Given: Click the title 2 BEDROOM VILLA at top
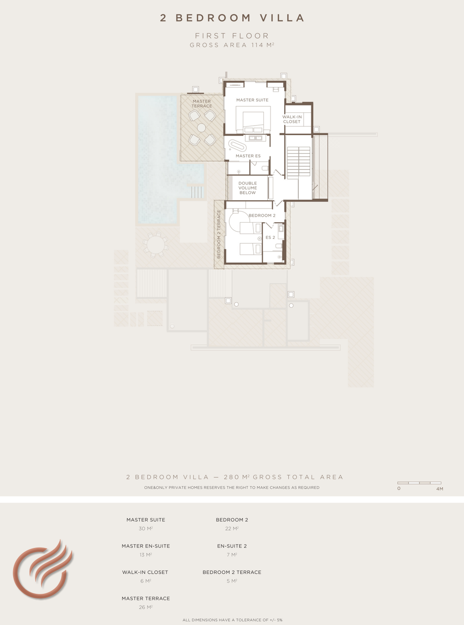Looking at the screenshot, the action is pyautogui.click(x=232, y=18).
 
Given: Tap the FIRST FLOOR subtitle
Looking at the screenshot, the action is pyautogui.click(x=232, y=36).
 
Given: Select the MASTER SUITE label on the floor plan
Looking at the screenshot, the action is pyautogui.click(x=252, y=100).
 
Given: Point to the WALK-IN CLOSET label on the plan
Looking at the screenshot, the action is pyautogui.click(x=292, y=119).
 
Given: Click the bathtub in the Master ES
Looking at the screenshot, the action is pyautogui.click(x=237, y=145).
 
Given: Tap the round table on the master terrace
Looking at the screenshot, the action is pyautogui.click(x=201, y=128).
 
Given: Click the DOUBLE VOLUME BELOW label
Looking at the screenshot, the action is pyautogui.click(x=248, y=188).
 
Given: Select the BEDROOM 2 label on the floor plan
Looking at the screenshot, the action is pyautogui.click(x=262, y=216).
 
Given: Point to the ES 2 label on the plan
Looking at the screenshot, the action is pyautogui.click(x=270, y=237).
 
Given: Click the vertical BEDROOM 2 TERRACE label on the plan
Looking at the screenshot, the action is pyautogui.click(x=219, y=234).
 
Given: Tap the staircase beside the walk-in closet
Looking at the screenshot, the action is pyautogui.click(x=299, y=163).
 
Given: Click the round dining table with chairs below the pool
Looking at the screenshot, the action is pyautogui.click(x=155, y=245).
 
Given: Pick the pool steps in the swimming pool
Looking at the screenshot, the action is pyautogui.click(x=197, y=192).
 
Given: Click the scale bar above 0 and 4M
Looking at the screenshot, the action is pyautogui.click(x=419, y=483).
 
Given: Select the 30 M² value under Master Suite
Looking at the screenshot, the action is pyautogui.click(x=145, y=528).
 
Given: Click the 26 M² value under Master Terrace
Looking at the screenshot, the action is pyautogui.click(x=145, y=607).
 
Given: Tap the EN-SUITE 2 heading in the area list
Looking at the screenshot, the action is pyautogui.click(x=232, y=546).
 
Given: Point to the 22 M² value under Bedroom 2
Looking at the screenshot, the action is pyautogui.click(x=232, y=528).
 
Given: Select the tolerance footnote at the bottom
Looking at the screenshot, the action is pyautogui.click(x=232, y=620).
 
